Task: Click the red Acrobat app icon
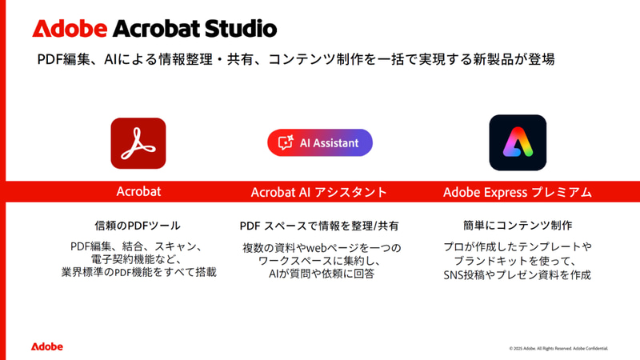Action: pos(138,143)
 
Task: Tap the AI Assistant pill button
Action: pos(320,142)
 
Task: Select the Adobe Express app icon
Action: pos(518,142)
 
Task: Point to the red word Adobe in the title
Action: pos(70,29)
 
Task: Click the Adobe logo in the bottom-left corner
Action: pos(47,346)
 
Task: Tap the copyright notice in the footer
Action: pos(559,348)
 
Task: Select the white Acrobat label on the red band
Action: pos(138,192)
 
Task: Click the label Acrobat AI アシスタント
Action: pos(319,192)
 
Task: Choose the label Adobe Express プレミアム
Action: pos(518,192)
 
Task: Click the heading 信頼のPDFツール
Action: pos(138,226)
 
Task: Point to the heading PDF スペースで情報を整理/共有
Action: pos(319,226)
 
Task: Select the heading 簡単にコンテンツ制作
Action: pos(518,226)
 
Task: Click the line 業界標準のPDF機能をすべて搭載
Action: pos(138,273)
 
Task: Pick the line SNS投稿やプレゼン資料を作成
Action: pos(518,274)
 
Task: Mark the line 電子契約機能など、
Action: pos(138,259)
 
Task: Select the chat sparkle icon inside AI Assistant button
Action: pos(285,142)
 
